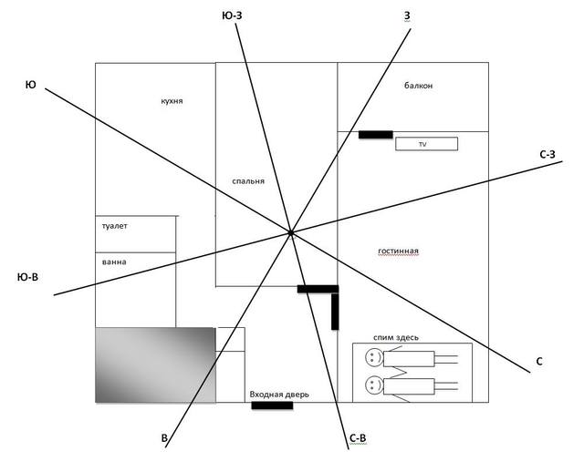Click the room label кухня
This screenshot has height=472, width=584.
[172, 101]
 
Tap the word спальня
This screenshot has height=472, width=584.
[248, 181]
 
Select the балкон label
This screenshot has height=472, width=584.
[418, 86]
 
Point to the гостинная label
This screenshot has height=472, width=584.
[398, 251]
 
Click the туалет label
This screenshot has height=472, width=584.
[115, 226]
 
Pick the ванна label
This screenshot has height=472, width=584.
[114, 262]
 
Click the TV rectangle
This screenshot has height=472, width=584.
[426, 144]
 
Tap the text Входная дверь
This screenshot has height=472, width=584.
[279, 395]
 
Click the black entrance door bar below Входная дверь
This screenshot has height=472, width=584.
[272, 405]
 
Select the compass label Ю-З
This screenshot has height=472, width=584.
[232, 15]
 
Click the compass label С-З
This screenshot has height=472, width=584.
[547, 155]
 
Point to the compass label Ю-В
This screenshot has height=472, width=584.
[27, 277]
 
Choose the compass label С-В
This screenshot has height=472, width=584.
[358, 438]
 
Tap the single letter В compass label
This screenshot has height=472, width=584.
[164, 438]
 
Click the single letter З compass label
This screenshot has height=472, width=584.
[407, 15]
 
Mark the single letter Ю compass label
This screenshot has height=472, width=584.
[30, 85]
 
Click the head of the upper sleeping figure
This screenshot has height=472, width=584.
[374, 357]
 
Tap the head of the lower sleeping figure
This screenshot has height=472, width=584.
[374, 385]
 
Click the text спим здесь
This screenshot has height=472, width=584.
[396, 337]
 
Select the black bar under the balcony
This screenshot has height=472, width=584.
[375, 135]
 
